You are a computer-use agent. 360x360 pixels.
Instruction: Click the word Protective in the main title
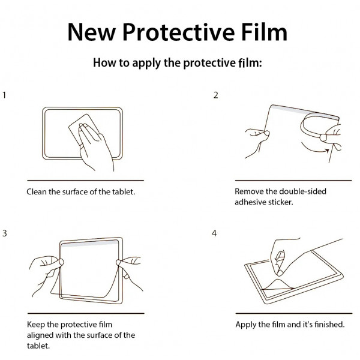(179, 32)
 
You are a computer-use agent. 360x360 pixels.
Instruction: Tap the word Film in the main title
(265, 32)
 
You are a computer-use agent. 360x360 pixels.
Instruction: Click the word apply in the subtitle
(146, 64)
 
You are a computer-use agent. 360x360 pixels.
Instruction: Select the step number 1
(4, 95)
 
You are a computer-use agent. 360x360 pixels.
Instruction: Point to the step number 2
(215, 95)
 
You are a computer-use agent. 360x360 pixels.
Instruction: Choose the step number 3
(5, 233)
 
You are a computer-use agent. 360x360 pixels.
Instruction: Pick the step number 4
(214, 233)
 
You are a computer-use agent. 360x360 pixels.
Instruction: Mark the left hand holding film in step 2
(257, 142)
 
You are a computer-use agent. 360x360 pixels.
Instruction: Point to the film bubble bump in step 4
(278, 284)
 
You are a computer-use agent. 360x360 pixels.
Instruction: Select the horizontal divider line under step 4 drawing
(294, 313)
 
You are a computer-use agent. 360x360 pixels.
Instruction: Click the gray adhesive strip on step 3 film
(90, 244)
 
